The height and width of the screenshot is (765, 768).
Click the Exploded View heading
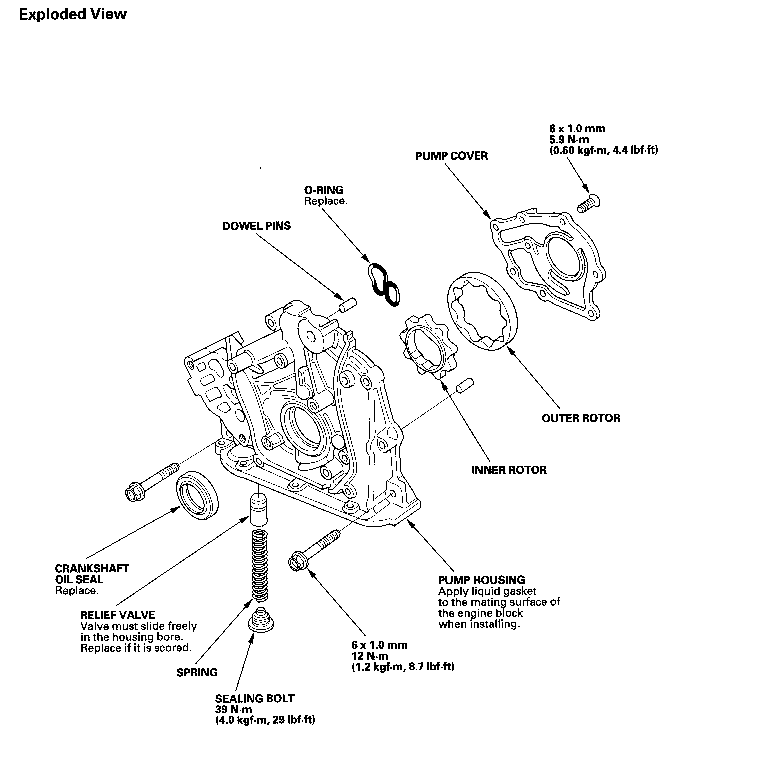73,14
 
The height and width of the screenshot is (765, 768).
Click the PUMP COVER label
451,156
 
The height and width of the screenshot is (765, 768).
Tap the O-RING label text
324,190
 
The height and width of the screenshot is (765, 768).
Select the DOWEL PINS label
256,226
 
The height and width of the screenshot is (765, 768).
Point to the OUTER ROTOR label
581,418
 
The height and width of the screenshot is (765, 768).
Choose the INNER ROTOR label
509,470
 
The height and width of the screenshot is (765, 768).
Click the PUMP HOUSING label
481,580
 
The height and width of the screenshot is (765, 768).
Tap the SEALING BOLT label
255,698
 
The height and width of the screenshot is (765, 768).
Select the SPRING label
197,672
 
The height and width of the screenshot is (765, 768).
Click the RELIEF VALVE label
118,615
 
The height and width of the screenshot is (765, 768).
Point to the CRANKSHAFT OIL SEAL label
92,574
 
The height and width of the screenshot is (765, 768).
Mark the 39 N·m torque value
233,709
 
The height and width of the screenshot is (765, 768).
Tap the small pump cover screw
589,202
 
